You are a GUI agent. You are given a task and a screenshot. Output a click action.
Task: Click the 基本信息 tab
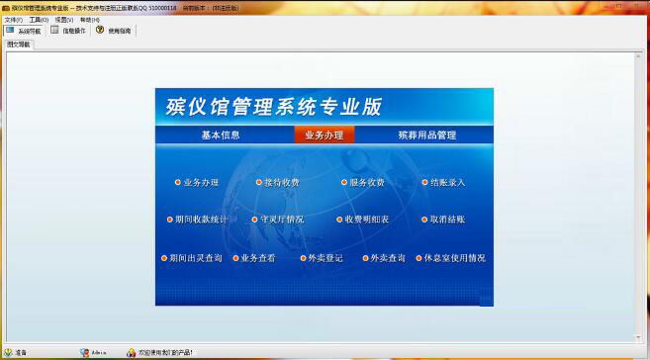pyautogui.click(x=221, y=135)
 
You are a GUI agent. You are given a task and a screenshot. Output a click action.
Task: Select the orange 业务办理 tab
pyautogui.click(x=324, y=135)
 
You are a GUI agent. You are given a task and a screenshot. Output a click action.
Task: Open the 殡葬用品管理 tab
pyautogui.click(x=427, y=135)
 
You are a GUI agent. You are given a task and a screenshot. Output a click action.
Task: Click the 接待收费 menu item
pyautogui.click(x=281, y=183)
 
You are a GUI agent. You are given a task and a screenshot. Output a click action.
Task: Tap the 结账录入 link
pyautogui.click(x=447, y=183)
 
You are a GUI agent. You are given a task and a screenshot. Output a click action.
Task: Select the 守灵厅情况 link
pyautogui.click(x=282, y=220)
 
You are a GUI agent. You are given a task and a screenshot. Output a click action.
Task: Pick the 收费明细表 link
pyautogui.click(x=366, y=220)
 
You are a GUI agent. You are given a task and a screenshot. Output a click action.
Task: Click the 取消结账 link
pyautogui.click(x=447, y=220)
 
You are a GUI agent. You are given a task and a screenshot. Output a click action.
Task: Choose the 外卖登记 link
pyautogui.click(x=325, y=258)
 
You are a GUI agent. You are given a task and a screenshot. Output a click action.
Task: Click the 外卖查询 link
pyautogui.click(x=387, y=258)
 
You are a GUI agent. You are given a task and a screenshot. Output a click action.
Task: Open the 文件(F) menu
pyautogui.click(x=13, y=20)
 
